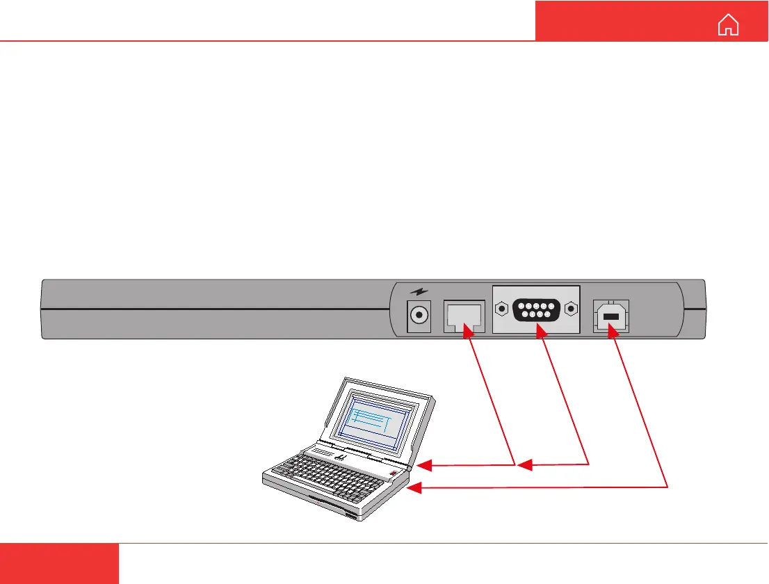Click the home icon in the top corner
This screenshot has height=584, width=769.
(x=729, y=25)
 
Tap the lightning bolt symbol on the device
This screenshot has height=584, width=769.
(x=418, y=293)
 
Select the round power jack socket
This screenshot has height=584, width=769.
(x=419, y=315)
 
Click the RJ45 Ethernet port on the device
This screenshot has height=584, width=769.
(x=462, y=317)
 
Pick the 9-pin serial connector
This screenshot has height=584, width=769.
(x=535, y=308)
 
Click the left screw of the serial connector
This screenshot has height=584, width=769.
(x=501, y=308)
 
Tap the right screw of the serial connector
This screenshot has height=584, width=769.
(x=571, y=308)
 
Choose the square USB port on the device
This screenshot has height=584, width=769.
(x=610, y=317)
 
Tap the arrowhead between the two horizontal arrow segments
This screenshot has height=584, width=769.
(x=526, y=464)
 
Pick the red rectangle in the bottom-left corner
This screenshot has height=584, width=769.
(x=59, y=563)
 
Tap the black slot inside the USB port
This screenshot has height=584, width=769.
(x=610, y=318)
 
